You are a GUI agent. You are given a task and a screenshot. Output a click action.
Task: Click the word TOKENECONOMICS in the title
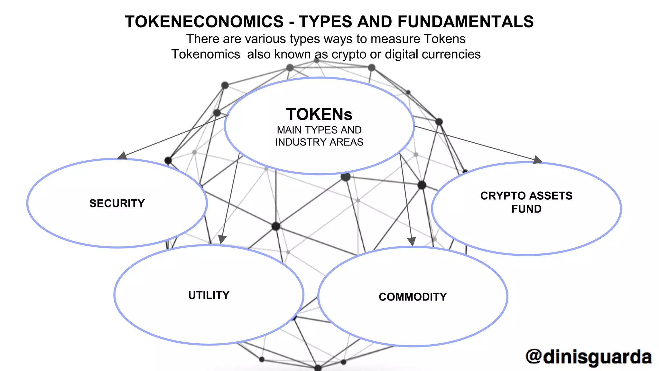coord(204,22)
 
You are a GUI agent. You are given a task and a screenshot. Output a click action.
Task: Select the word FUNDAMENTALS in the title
coord(466,22)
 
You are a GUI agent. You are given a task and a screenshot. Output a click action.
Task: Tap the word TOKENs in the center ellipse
coord(319,114)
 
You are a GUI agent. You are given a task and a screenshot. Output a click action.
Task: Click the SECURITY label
coord(117,204)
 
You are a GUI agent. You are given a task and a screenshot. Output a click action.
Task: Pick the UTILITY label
coord(209,295)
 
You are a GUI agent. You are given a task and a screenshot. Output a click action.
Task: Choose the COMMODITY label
coord(413,297)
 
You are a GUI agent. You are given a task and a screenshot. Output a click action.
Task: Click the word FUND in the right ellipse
coord(526,209)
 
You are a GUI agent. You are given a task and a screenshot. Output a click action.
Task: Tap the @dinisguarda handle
coord(589,357)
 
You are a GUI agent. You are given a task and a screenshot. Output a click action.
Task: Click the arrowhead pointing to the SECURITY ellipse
coord(122,156)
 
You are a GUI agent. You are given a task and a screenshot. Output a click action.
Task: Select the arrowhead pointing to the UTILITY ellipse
coord(222,239)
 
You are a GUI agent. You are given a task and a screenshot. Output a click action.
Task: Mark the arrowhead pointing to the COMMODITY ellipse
coord(412,242)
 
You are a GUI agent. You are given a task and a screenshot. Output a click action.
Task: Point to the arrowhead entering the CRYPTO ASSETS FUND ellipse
coord(538,160)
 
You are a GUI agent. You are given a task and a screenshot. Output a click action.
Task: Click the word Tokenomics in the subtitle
coord(206,54)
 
